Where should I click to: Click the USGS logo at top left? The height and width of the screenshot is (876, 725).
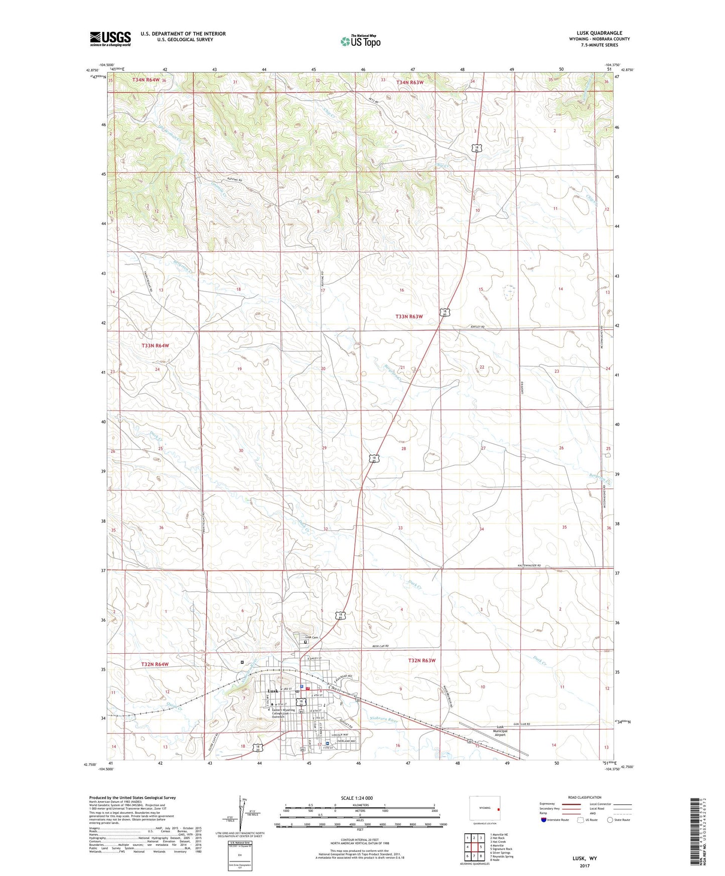(x=110, y=38)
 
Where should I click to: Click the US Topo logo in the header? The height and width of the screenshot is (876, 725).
(x=360, y=41)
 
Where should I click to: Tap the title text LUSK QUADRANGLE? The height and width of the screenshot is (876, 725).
(x=599, y=33)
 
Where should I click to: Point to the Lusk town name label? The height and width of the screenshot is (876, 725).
(x=272, y=691)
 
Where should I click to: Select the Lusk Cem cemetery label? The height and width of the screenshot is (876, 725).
(x=306, y=637)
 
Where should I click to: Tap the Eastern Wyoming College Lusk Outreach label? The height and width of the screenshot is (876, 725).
(x=283, y=712)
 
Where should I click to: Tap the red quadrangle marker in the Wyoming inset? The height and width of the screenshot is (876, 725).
(x=498, y=809)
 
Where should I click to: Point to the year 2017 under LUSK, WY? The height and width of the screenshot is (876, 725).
(x=585, y=865)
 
